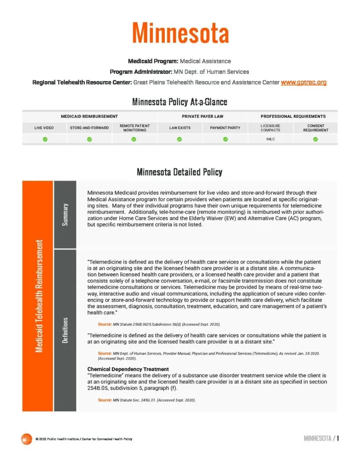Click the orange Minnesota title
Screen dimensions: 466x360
tap(180, 33)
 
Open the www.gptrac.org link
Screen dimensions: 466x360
tap(304, 82)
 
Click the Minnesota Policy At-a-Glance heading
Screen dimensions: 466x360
tap(179, 101)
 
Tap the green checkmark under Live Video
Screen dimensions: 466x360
tap(45, 139)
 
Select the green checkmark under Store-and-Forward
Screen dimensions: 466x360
tap(89, 139)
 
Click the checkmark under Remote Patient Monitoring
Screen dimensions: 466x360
tap(134, 139)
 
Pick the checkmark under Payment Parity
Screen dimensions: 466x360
tap(225, 139)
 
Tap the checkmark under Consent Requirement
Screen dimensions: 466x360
tap(315, 139)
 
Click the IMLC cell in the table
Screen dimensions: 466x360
tap(270, 139)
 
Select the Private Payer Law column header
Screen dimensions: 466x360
tap(203, 116)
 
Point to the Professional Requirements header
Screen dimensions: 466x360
tap(293, 116)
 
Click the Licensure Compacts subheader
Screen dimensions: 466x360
tap(270, 128)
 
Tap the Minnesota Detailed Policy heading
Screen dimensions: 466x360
tap(179, 172)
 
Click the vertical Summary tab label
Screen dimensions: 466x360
tap(66, 213)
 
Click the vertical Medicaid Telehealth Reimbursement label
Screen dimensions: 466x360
tap(38, 295)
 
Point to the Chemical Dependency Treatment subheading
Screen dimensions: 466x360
tap(128, 369)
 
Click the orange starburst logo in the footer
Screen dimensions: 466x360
tap(26, 439)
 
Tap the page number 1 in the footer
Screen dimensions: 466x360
tap(338, 439)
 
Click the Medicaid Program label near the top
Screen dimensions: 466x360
tap(153, 61)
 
